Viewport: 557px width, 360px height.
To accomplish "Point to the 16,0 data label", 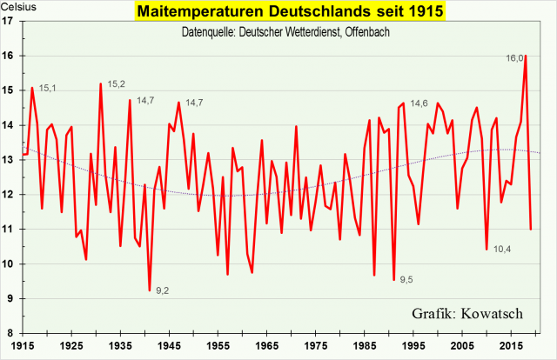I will [x=514, y=59].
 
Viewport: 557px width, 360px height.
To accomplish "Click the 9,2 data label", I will [x=163, y=290].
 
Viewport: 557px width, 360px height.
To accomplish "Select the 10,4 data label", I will [x=502, y=250].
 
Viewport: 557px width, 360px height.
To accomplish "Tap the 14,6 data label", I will [x=419, y=103].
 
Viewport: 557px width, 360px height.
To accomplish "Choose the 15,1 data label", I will [x=48, y=88].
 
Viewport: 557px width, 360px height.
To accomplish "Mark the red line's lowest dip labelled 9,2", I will [x=150, y=290].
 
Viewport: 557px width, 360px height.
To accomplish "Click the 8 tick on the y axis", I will [x=10, y=333].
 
